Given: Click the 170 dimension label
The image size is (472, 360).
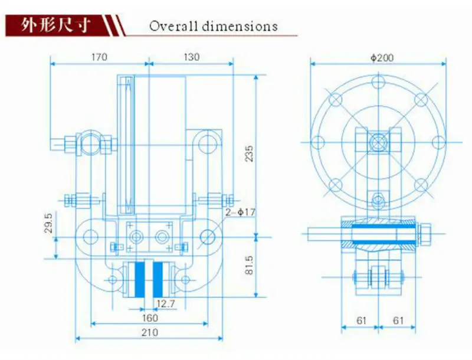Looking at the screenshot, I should coord(99,57).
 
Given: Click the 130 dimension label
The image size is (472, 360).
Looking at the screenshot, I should coord(191,57).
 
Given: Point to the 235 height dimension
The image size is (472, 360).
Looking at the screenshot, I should coord(249,154).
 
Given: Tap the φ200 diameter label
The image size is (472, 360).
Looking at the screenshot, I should coord(382,58).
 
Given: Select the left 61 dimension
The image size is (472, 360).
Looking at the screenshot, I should coord(362,320).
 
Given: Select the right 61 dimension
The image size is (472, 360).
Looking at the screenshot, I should coord(399,320).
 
